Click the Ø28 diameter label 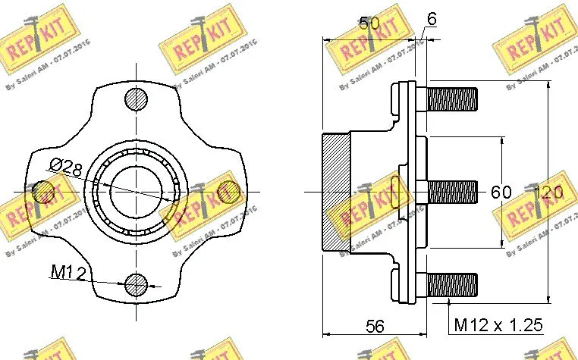67,168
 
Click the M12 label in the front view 67,271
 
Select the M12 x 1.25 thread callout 498,325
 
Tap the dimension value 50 369,23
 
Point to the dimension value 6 432,20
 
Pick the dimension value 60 501,193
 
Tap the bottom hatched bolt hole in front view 137,284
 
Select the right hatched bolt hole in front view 226,192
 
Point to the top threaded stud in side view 452,99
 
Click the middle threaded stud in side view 452,192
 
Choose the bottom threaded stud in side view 452,285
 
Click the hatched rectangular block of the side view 336,193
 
